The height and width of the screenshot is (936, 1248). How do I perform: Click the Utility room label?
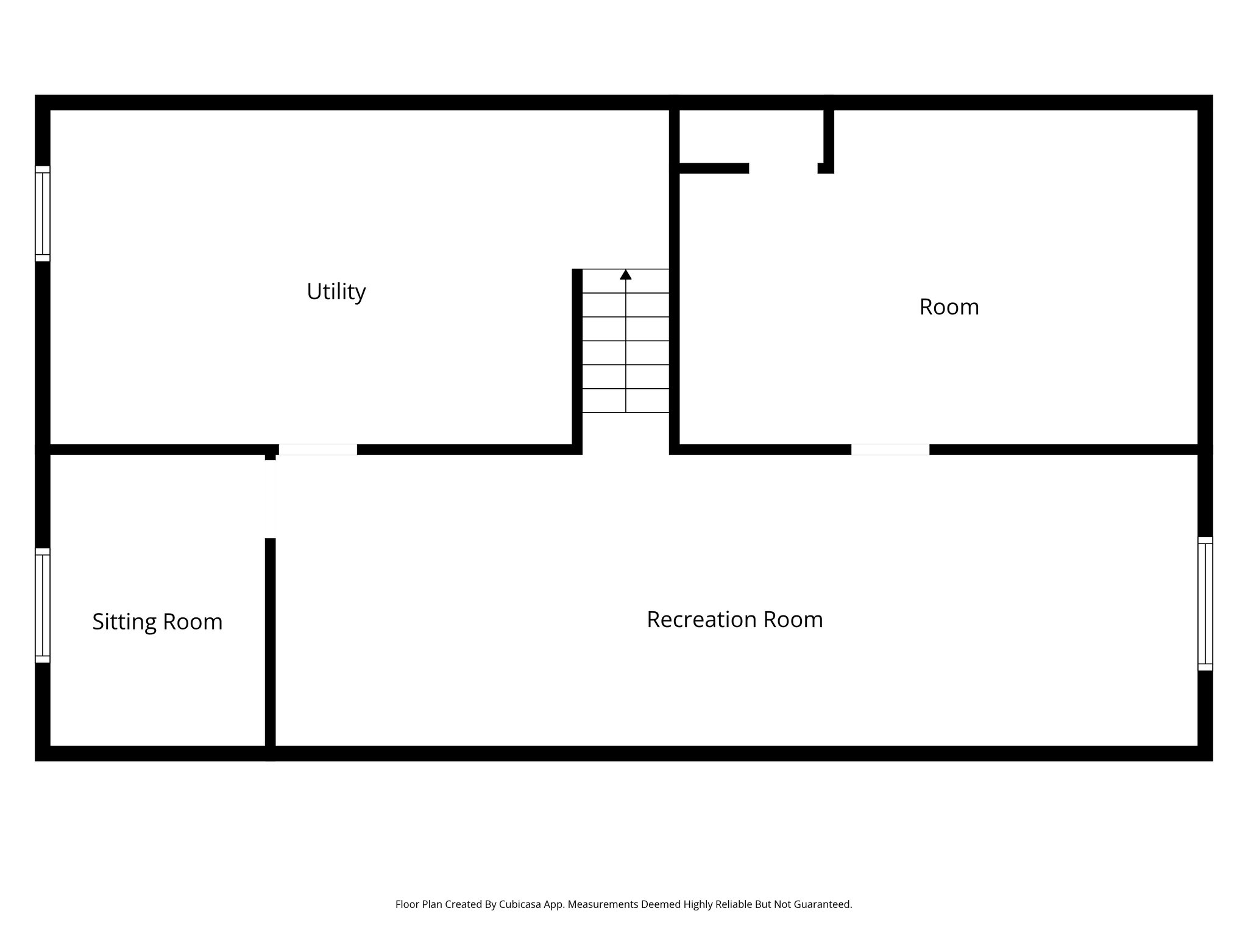point(336,292)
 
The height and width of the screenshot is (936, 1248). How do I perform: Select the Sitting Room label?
point(157,622)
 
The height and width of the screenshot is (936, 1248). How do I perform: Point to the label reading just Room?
point(949,307)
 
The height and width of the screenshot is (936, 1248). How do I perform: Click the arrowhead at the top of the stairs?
point(625,275)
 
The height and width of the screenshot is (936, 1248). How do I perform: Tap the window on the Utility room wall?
point(42,213)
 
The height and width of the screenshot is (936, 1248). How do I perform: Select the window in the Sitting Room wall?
point(42,605)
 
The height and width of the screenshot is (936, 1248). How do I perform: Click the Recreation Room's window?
point(1205,603)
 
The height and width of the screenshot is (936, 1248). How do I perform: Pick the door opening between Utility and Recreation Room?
point(317,450)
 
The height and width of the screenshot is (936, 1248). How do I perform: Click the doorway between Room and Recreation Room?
point(890,450)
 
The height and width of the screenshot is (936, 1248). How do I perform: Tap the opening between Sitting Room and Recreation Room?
point(271,499)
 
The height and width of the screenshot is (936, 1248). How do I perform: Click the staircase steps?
point(625,353)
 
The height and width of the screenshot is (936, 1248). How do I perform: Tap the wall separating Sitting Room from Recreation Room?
point(271,640)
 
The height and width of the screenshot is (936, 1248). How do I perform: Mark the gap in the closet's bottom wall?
point(783,168)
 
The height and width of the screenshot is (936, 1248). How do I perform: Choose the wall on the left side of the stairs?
point(577,360)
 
